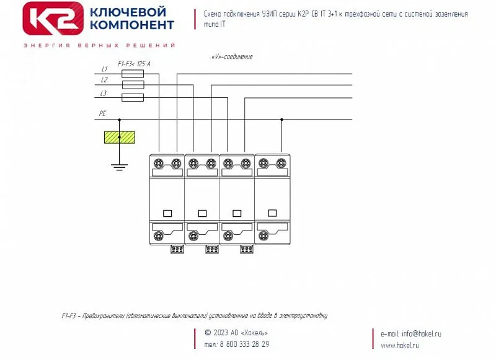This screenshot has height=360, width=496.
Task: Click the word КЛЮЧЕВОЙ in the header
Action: tap(128, 12)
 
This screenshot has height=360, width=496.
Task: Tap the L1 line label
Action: tap(104, 69)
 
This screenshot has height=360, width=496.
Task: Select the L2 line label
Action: tap(104, 81)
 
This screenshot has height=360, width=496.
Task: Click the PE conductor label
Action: tap(102, 114)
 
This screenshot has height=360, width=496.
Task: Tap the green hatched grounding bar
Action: tap(119, 138)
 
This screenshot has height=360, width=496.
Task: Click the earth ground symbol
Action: tap(119, 165)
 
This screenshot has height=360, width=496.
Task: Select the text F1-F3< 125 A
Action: tap(134, 64)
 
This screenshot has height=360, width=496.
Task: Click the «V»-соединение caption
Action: tap(232, 57)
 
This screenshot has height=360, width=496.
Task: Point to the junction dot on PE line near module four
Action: tap(282, 120)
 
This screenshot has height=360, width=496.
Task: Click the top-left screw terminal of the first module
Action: tap(159, 164)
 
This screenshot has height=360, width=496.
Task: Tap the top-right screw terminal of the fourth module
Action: tap(281, 164)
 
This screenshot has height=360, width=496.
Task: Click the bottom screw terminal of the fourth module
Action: tap(263, 235)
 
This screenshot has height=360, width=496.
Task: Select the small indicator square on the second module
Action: tap(202, 213)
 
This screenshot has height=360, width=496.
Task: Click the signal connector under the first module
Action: tap(177, 249)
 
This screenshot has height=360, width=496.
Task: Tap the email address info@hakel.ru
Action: tap(421, 334)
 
